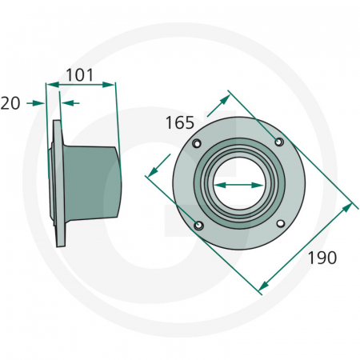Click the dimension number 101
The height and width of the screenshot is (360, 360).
tap(80, 75)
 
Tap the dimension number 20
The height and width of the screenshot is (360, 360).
tap(10, 103)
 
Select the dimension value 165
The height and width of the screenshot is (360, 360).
tap(180, 123)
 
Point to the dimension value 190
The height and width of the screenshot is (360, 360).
tap(322, 258)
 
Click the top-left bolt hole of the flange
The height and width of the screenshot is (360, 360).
tap(197, 143)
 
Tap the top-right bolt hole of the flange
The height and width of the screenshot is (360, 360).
tap(279, 142)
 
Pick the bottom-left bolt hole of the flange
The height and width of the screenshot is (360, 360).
tap(198, 226)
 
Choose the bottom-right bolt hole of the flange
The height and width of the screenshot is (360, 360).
tap(281, 223)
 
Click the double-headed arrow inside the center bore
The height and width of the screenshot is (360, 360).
tap(238, 185)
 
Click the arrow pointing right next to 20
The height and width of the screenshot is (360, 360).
tap(35, 103)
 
